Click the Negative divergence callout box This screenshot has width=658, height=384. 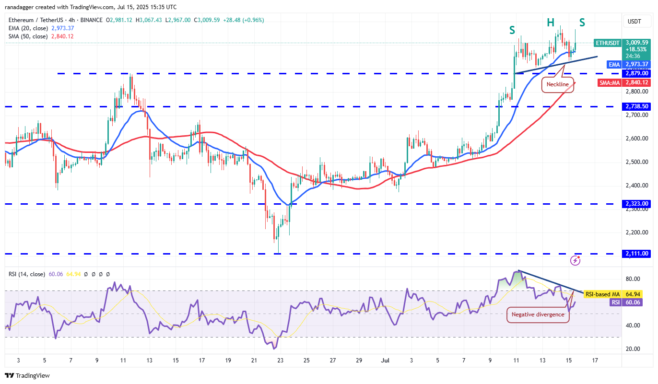click(538, 314)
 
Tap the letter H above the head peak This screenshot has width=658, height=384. click(551, 22)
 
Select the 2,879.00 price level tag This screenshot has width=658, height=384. click(636, 73)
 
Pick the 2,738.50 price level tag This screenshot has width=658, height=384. click(636, 106)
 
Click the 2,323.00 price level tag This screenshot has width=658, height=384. click(636, 204)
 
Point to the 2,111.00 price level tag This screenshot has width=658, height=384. click(636, 254)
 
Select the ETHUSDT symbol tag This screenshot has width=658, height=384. click(608, 43)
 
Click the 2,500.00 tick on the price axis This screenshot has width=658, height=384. click(636, 162)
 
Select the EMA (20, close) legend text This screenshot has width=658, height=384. click(28, 28)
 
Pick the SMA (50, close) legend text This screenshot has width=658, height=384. click(28, 36)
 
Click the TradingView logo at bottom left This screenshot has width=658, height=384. click(28, 375)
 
